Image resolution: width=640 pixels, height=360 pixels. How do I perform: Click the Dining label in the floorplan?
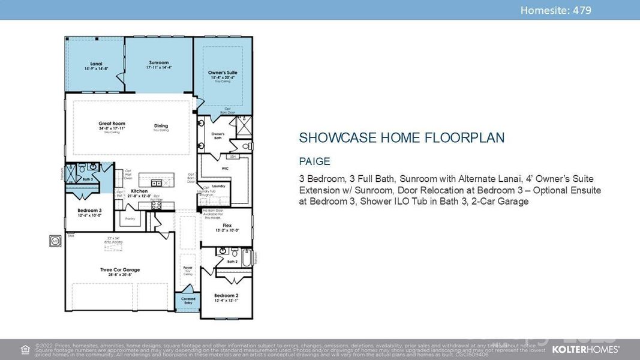pyautogui.click(x=160, y=127)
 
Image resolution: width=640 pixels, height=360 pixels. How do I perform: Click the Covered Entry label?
pyautogui.click(x=188, y=300)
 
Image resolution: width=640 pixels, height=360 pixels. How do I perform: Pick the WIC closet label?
pyautogui.click(x=225, y=169)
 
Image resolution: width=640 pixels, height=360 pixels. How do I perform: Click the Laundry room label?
pyautogui.click(x=218, y=186)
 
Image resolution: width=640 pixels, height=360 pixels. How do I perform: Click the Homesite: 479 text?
pyautogui.click(x=555, y=10)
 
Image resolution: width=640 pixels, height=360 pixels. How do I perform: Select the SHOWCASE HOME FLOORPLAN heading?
pyautogui.click(x=401, y=138)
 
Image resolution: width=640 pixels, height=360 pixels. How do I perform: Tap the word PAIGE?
pyautogui.click(x=314, y=161)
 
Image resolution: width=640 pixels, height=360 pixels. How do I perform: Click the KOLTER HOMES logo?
pyautogui.click(x=585, y=349)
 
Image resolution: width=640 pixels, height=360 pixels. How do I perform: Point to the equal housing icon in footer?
pyautogui.click(x=25, y=349)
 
